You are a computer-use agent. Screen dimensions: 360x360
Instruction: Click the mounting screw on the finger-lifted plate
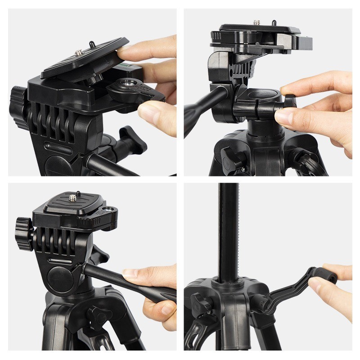click(79, 53)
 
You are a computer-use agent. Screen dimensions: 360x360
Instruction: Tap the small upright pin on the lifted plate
click(91, 44)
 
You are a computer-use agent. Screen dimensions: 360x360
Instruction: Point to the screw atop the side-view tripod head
click(258, 22)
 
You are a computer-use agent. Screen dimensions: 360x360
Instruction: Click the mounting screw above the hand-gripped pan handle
click(73, 197)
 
